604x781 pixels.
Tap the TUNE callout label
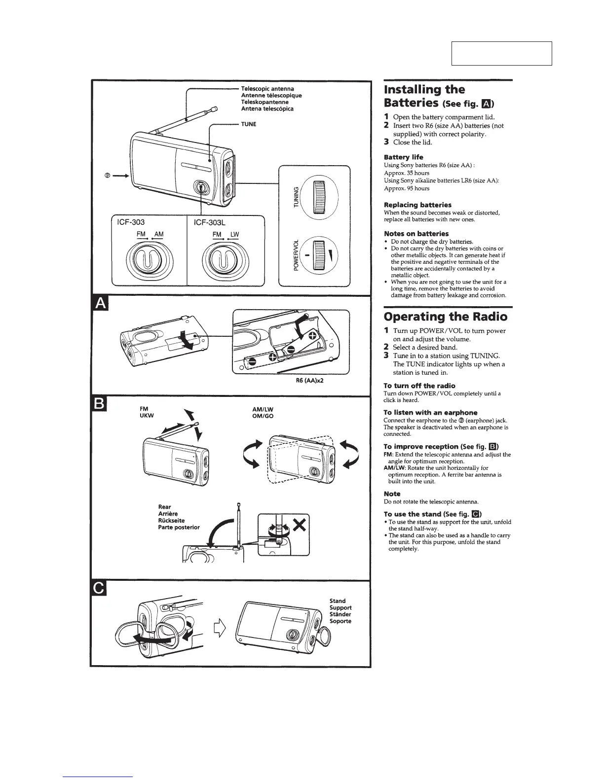point(248,124)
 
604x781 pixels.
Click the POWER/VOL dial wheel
point(320,254)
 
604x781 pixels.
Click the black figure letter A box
point(100,303)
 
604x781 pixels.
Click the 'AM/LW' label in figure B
point(262,409)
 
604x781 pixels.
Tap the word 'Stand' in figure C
point(338,601)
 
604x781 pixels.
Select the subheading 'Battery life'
point(404,157)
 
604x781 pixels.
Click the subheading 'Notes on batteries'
point(416,234)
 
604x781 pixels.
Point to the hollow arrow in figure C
point(217,628)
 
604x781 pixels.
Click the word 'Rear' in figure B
point(164,507)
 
